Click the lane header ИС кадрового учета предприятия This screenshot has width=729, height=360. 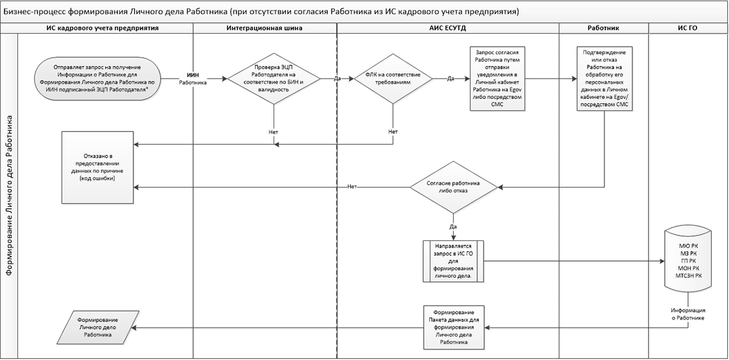tap(102, 28)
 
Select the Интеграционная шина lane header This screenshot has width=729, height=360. tap(265, 28)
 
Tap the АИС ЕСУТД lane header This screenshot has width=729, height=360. tap(447, 28)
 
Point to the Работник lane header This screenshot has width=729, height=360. tap(604, 28)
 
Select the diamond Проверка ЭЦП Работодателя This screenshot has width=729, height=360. tap(273, 79)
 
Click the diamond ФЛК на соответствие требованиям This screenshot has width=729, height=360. tap(393, 79)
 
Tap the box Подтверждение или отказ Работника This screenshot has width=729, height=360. tap(604, 79)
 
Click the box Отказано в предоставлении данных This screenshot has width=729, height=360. tap(97, 165)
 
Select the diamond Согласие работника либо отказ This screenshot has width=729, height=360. tap(454, 186)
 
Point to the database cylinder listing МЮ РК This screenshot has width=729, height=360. tap(688, 260)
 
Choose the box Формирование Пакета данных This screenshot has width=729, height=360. tap(454, 327)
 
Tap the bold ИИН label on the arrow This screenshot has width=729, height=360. tap(193, 73)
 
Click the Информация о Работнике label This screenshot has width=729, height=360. tap(688, 314)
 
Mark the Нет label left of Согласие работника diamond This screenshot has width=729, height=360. tap(352, 187)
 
